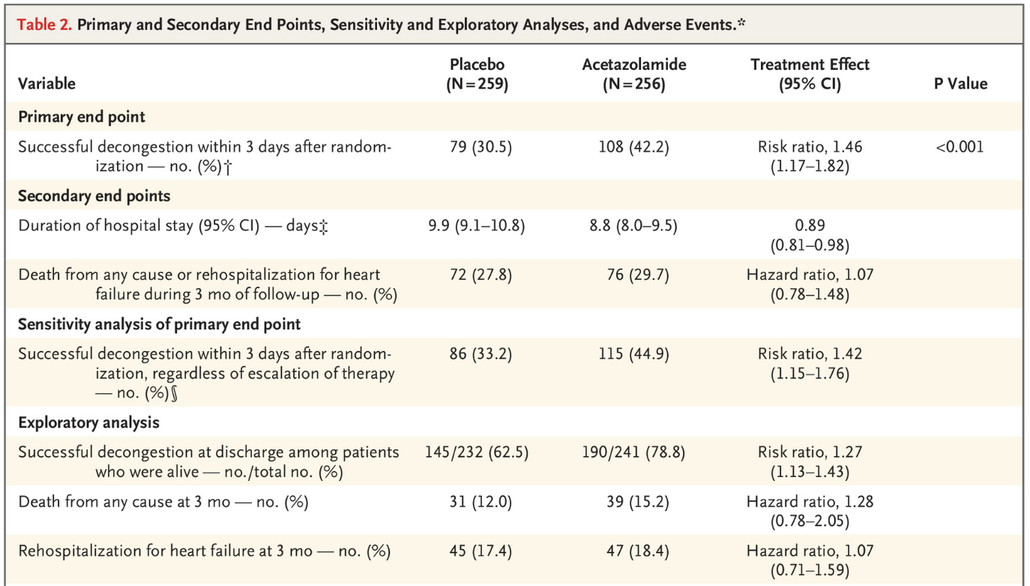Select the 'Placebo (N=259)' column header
pyautogui.click(x=477, y=74)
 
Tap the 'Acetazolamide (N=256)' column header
pyautogui.click(x=633, y=74)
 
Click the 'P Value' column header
pyautogui.click(x=960, y=84)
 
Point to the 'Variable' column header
pyautogui.click(x=46, y=84)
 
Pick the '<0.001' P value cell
pyautogui.click(x=960, y=147)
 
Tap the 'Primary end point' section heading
pyautogui.click(x=82, y=117)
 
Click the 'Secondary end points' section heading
pyautogui.click(x=94, y=196)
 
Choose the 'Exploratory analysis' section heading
pyautogui.click(x=88, y=422)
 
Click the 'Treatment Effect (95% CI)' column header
pyautogui.click(x=810, y=74)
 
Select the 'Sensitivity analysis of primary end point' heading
pyautogui.click(x=159, y=324)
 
